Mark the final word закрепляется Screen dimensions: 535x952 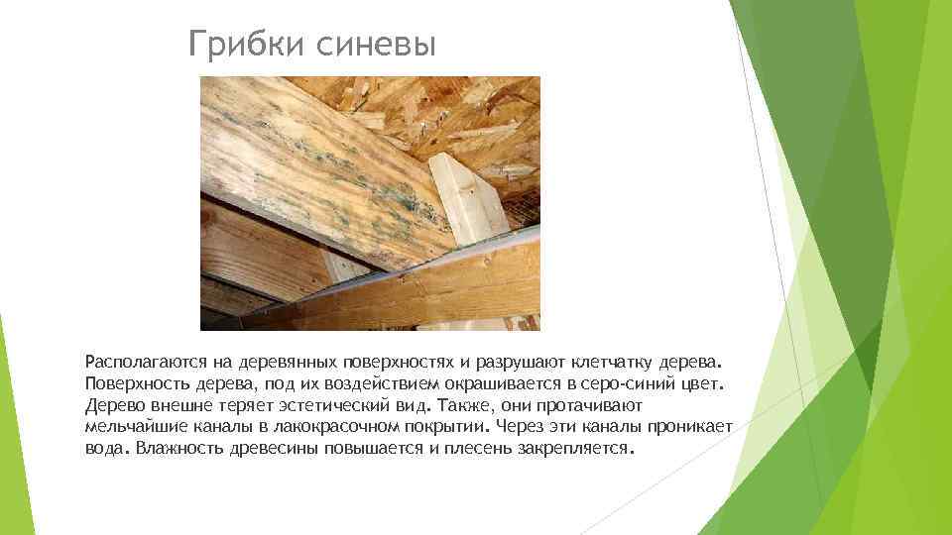580,448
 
